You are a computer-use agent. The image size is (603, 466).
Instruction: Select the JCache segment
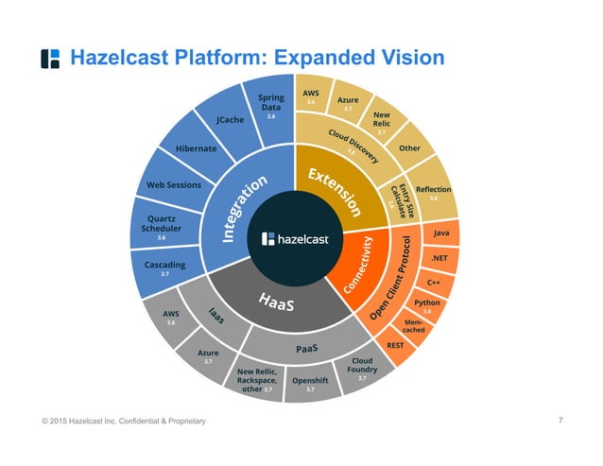click(230, 121)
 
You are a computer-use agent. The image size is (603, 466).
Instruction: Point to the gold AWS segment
click(311, 97)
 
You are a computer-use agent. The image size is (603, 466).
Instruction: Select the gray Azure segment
click(210, 356)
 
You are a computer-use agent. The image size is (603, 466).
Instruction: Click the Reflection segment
click(433, 192)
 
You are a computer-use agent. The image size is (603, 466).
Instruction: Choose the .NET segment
click(439, 258)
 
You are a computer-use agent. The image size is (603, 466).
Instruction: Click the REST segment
click(397, 346)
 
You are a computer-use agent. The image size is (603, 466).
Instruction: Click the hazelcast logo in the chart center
click(299, 240)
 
